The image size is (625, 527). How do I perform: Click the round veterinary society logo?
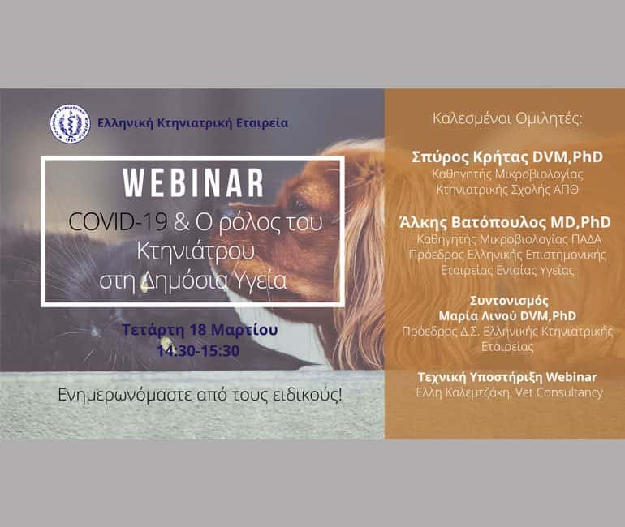[70, 123]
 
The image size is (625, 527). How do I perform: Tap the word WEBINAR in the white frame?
[193, 183]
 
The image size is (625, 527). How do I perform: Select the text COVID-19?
[118, 222]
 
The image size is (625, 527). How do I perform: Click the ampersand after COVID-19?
[182, 223]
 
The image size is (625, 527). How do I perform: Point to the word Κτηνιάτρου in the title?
[196, 251]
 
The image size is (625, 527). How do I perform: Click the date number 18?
[197, 330]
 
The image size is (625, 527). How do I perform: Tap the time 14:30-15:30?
[199, 351]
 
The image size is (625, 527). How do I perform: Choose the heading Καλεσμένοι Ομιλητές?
[507, 119]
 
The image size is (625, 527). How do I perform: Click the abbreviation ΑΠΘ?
[566, 190]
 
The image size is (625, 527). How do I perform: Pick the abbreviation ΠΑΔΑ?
[586, 239]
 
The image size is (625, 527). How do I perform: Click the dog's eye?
[298, 205]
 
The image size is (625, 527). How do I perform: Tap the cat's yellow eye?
[165, 342]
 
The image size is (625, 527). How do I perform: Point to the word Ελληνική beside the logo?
[125, 123]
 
